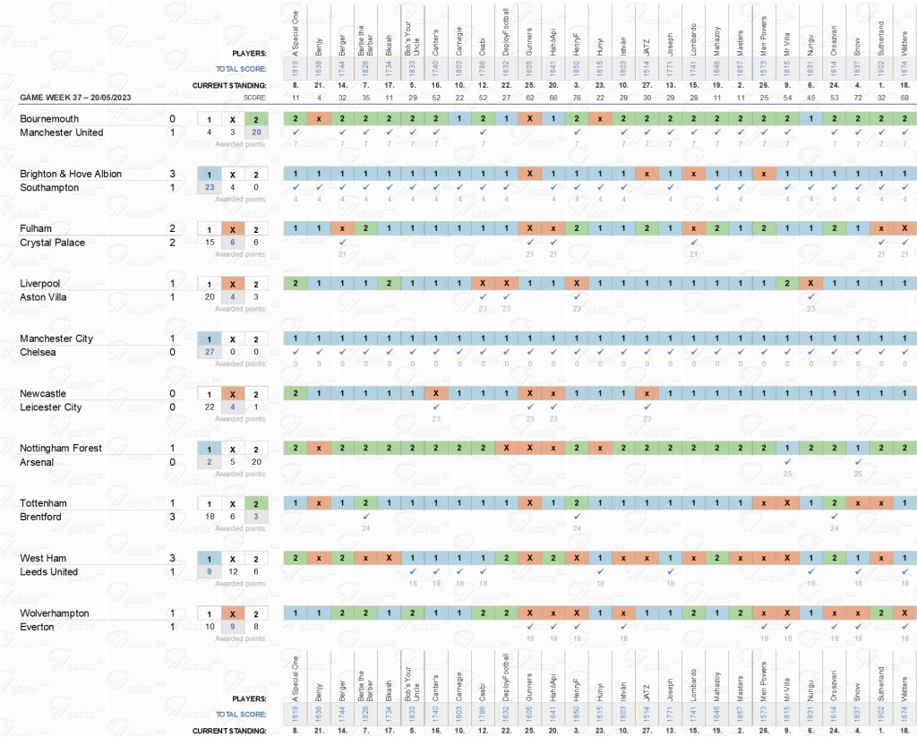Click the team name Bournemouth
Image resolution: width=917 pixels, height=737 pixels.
[x=49, y=118]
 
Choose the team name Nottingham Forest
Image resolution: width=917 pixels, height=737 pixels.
[x=61, y=448]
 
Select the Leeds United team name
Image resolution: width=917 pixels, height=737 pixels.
[x=49, y=571]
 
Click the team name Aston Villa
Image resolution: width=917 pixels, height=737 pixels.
[x=45, y=297]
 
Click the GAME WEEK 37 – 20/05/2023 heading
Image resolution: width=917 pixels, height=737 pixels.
[x=75, y=97]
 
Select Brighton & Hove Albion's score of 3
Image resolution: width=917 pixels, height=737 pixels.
[x=172, y=174]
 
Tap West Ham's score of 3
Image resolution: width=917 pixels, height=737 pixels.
[x=172, y=558]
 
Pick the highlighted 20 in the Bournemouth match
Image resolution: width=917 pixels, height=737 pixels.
[x=257, y=133]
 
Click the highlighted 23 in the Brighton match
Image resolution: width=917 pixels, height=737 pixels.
[x=209, y=187]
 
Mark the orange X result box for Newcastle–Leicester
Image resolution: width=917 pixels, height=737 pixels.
[x=233, y=394]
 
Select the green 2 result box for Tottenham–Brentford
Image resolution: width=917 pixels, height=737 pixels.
[x=257, y=503]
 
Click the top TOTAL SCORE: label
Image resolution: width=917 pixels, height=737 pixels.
[x=243, y=68]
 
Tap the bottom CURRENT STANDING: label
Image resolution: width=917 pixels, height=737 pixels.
[x=236, y=731]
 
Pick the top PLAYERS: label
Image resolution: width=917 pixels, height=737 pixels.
[x=249, y=52]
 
